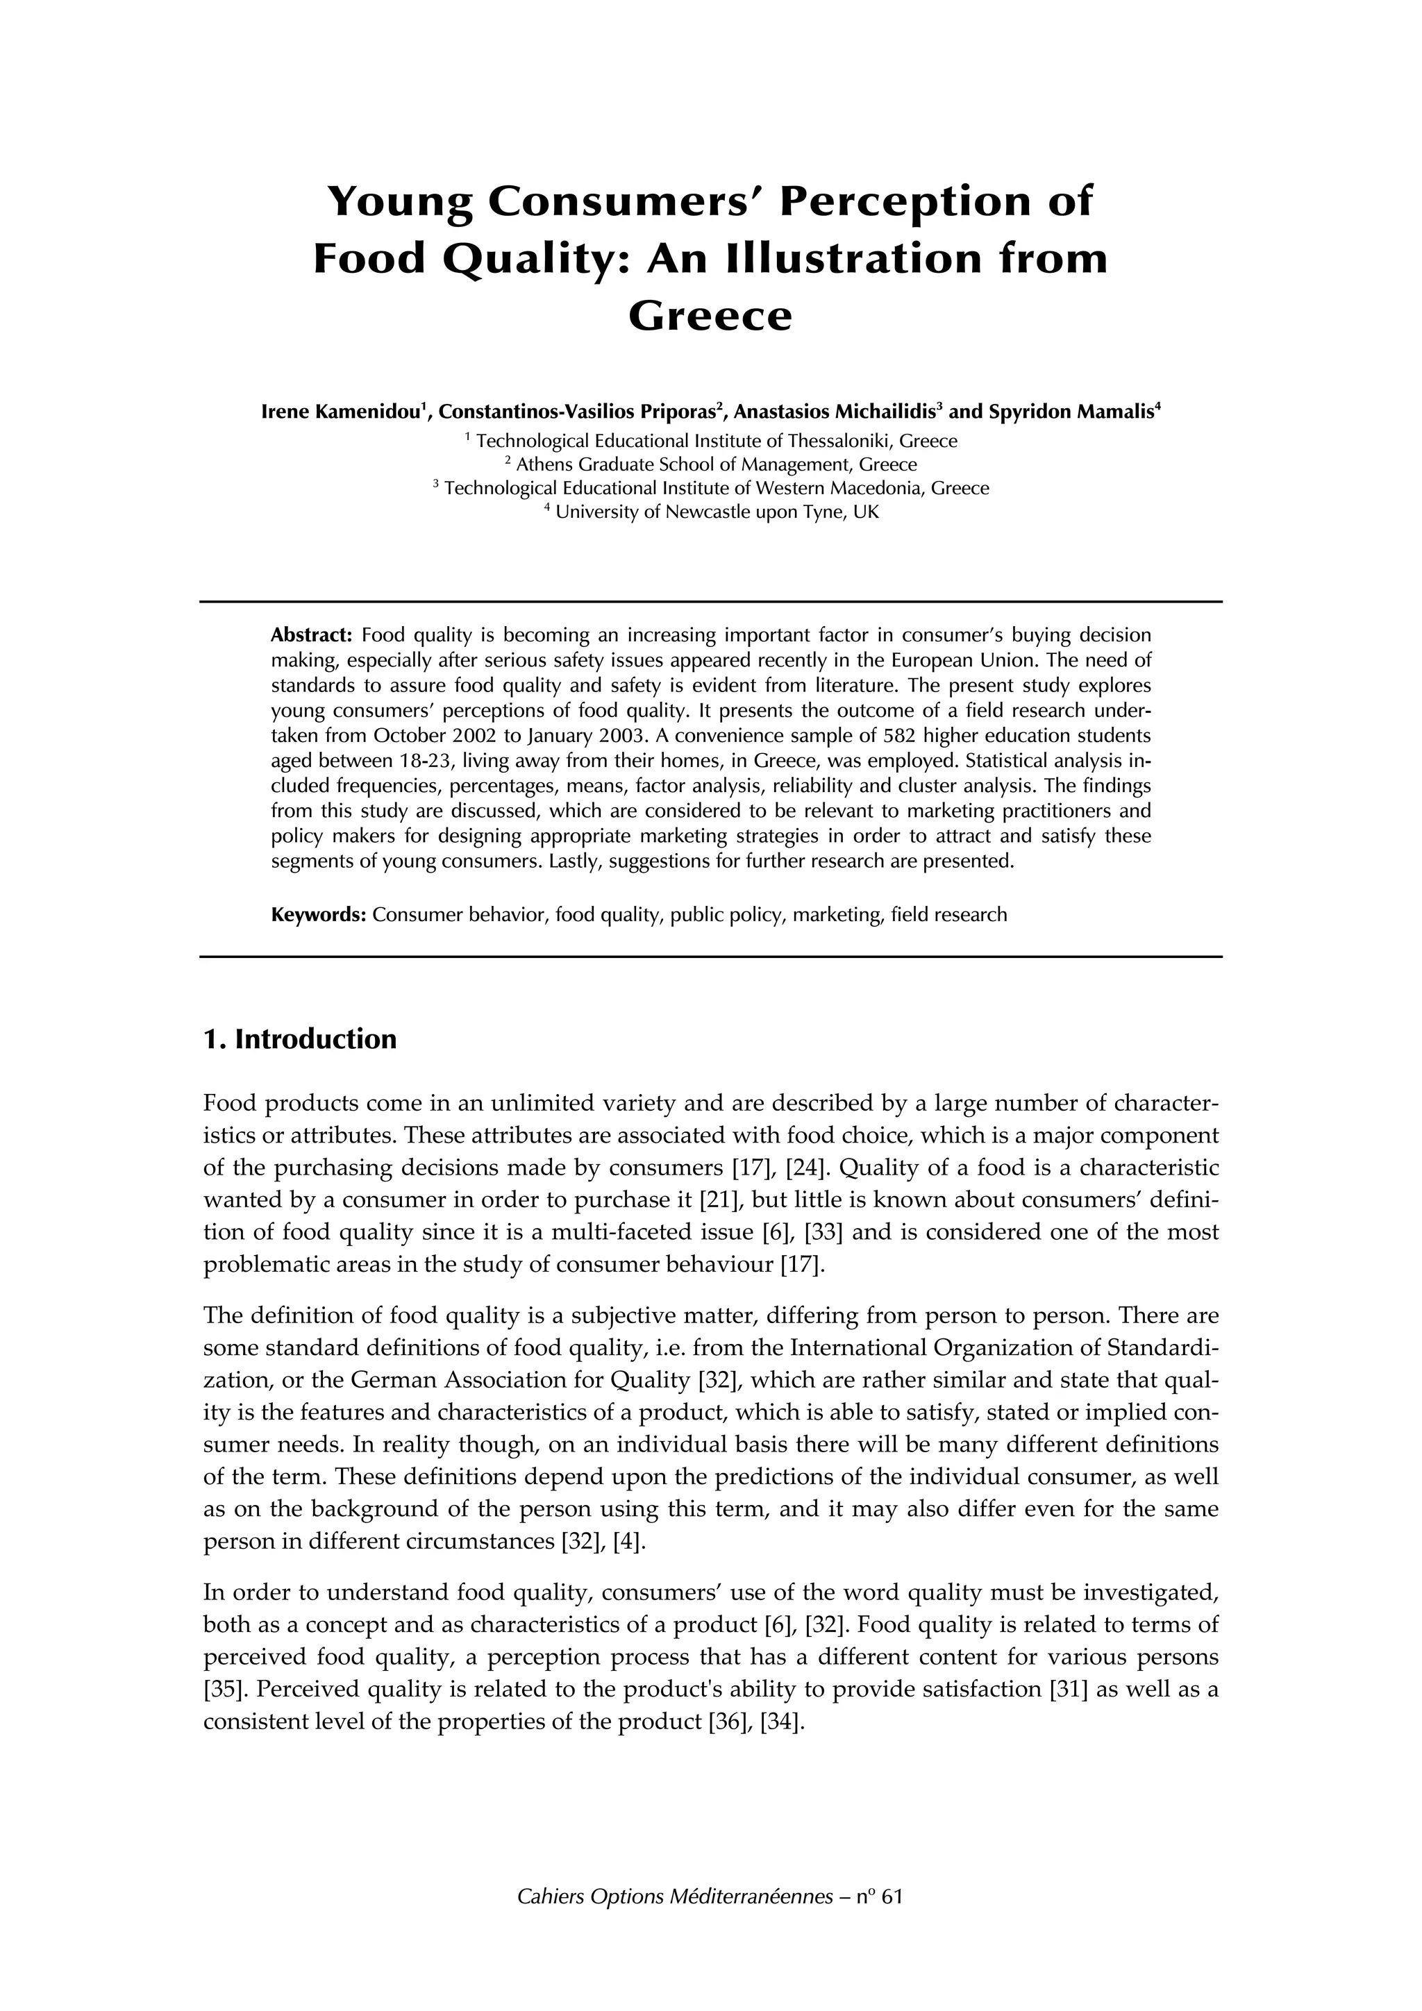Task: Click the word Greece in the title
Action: click(710, 316)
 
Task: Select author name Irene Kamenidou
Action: click(341, 412)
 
